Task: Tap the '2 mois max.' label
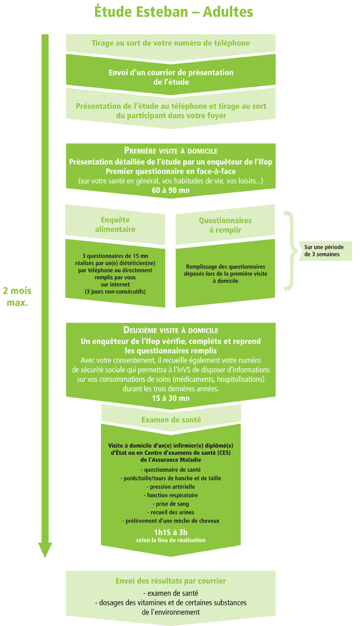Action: (x=17, y=296)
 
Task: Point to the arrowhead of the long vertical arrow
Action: (x=45, y=550)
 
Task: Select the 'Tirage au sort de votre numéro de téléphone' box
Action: (x=171, y=43)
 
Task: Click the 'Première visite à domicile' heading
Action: (x=171, y=150)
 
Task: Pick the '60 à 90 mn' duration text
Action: (x=171, y=189)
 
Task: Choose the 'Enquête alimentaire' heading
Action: (x=115, y=224)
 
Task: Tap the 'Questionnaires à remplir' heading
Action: (x=225, y=224)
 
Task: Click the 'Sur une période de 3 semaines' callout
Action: (x=324, y=251)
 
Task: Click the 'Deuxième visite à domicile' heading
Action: (x=171, y=330)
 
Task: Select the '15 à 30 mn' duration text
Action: (x=171, y=398)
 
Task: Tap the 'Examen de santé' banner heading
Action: (x=171, y=420)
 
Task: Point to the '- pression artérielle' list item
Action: (x=171, y=486)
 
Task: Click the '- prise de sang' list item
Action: (x=171, y=504)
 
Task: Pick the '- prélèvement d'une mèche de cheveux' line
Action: (x=171, y=520)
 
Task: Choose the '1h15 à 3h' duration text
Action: (x=171, y=532)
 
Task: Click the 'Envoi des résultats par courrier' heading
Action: (x=171, y=581)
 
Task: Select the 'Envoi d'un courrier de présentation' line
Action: (x=171, y=73)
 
